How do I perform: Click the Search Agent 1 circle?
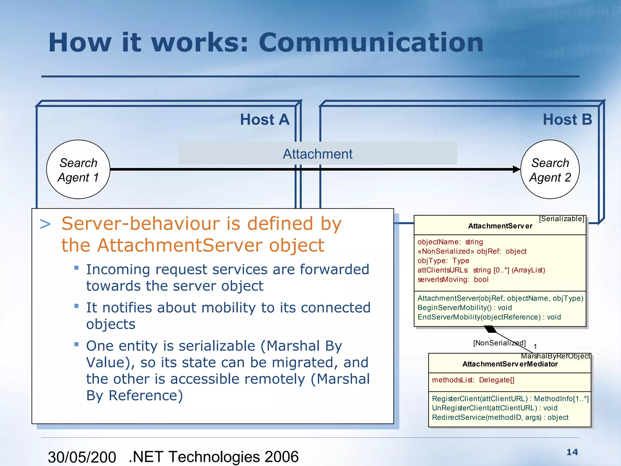(x=78, y=169)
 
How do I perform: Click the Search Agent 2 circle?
(x=550, y=169)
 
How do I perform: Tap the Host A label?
(x=265, y=119)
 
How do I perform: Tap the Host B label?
(x=567, y=119)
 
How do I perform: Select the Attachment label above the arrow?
(x=317, y=154)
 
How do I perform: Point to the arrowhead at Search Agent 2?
(x=516, y=169)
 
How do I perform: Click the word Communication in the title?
(x=371, y=42)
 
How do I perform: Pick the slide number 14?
(x=572, y=452)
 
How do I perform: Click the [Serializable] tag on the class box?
(x=562, y=219)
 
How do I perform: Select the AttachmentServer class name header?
(x=500, y=226)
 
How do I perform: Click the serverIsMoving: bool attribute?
(x=453, y=279)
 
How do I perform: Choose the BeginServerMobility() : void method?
(x=465, y=308)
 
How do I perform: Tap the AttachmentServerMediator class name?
(x=510, y=364)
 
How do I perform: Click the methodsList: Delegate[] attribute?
(x=473, y=380)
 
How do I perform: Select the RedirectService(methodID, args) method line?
(x=500, y=417)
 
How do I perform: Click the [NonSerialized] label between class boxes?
(x=499, y=343)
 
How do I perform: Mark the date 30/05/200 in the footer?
(x=82, y=457)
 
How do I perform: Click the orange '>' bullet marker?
(x=45, y=224)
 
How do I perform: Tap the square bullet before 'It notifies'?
(x=76, y=306)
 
